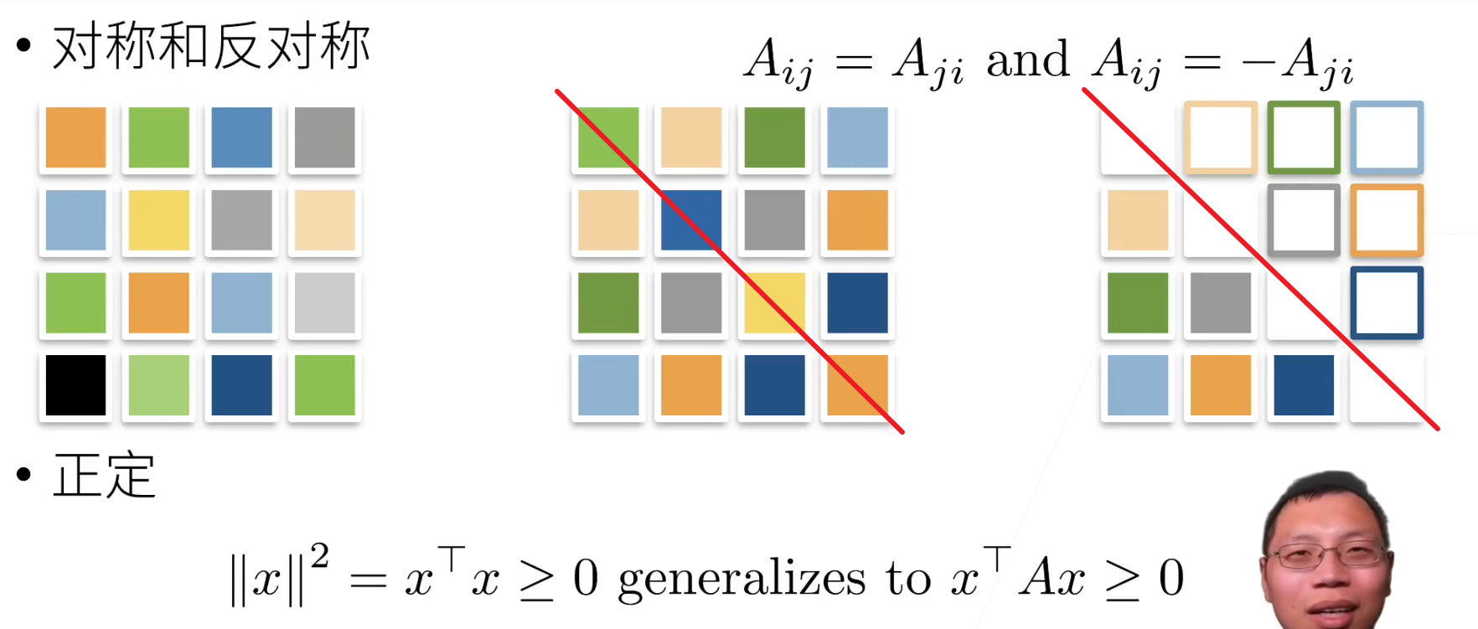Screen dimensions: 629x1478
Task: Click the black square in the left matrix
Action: coord(75,385)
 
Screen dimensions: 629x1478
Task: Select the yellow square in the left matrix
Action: coord(158,220)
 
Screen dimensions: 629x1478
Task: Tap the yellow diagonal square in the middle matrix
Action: coord(774,302)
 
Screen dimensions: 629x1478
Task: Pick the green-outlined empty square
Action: coord(1303,137)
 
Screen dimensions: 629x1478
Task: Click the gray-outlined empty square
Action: coord(1303,220)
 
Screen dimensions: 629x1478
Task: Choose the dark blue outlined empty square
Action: coord(1387,302)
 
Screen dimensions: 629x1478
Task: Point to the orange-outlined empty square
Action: coord(1387,220)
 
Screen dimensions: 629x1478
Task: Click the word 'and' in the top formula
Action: coord(1027,60)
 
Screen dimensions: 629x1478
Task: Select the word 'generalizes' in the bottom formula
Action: coord(742,580)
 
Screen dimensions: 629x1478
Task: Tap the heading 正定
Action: coord(105,476)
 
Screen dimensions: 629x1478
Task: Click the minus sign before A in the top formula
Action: coord(1258,62)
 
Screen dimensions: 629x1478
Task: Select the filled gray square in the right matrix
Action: coord(1220,302)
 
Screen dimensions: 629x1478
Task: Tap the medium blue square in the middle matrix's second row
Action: coord(690,220)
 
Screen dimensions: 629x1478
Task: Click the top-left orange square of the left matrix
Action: coord(75,137)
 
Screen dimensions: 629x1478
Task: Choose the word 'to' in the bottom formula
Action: coord(908,580)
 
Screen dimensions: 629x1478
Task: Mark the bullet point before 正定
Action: coord(23,475)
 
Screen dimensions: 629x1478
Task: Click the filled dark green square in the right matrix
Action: coord(1137,302)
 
